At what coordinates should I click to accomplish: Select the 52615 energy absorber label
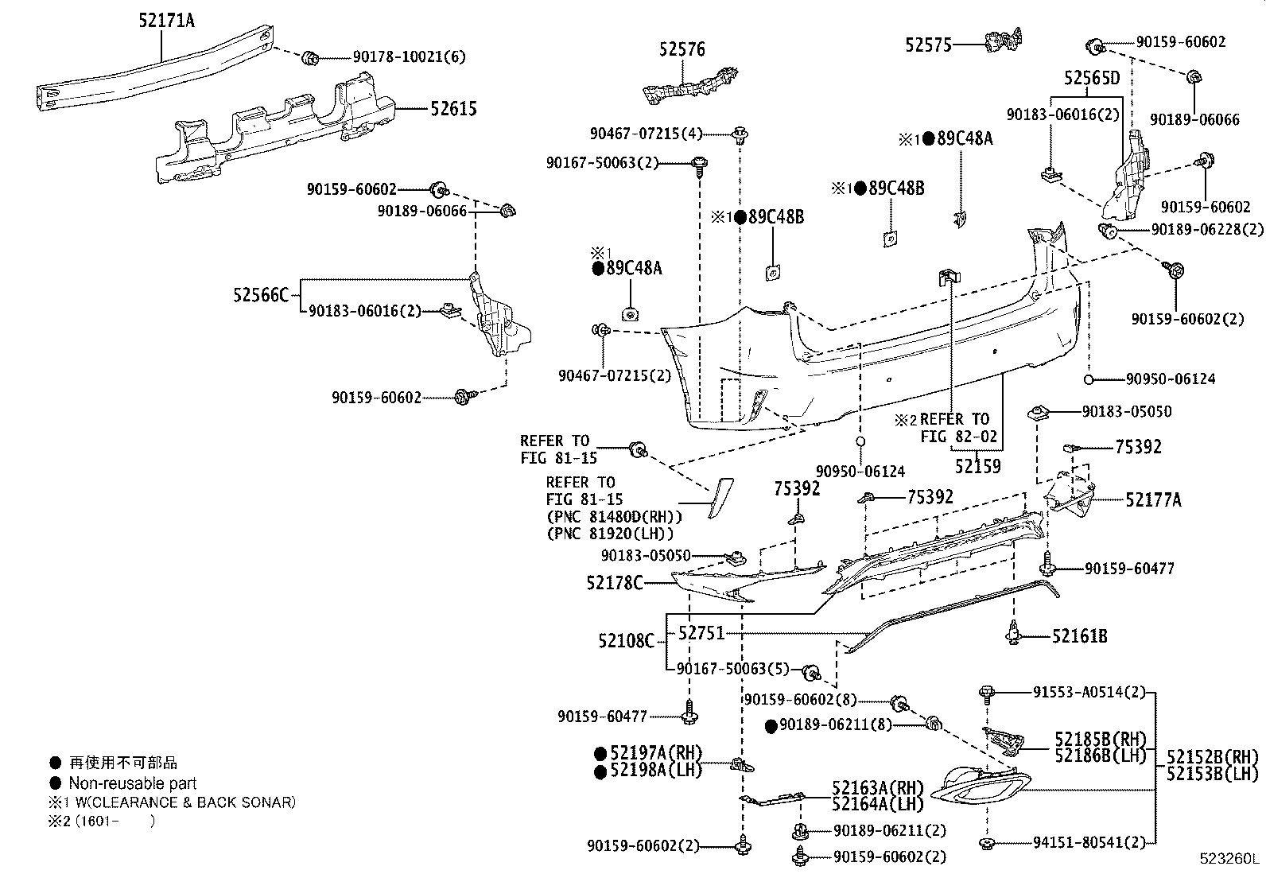[453, 109]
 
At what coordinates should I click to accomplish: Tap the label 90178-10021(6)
[409, 57]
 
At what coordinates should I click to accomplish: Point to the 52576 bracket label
[682, 49]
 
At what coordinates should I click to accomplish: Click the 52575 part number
[928, 45]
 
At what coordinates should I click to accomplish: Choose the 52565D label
[1091, 78]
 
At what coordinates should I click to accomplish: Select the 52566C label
[261, 295]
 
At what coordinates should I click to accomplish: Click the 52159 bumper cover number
[977, 466]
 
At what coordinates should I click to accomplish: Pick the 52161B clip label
[1079, 636]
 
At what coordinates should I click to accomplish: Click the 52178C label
[615, 584]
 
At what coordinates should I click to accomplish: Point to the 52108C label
[626, 640]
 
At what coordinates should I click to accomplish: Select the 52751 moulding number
[701, 633]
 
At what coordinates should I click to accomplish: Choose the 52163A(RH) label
[877, 788]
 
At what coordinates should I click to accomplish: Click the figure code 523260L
[1230, 860]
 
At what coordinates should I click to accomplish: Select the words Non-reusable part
[132, 783]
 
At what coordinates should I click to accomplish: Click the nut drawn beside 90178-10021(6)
[310, 57]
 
